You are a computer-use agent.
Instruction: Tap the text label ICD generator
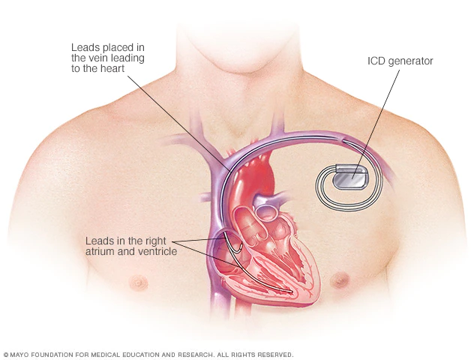pos(400,61)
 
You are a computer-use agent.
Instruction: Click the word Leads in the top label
pos(85,47)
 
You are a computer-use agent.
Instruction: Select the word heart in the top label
pos(111,68)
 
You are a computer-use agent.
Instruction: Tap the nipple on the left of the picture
pos(139,282)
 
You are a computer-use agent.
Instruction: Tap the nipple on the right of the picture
pos(340,280)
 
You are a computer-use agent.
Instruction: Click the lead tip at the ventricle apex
pos(291,292)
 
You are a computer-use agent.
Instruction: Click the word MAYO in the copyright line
pos(19,355)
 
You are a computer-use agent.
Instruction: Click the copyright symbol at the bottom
pos(6,355)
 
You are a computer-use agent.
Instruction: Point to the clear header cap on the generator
pos(351,167)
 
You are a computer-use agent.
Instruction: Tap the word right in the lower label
pos(156,241)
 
